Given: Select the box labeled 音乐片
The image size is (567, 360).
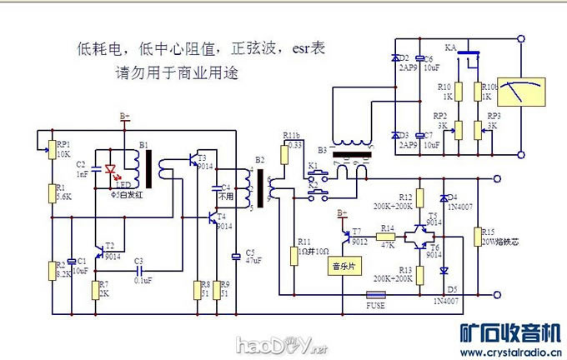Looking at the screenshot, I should pos(343,267).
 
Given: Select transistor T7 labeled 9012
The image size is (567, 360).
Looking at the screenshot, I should pos(348,234).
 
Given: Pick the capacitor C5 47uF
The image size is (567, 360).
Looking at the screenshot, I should pos(237,255).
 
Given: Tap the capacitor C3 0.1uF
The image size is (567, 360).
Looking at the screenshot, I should pos(139,270).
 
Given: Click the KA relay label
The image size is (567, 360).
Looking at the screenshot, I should pos(451,47).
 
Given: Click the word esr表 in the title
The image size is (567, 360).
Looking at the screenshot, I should pos(309,50).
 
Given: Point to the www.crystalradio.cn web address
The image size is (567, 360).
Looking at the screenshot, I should pos(509,351).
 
